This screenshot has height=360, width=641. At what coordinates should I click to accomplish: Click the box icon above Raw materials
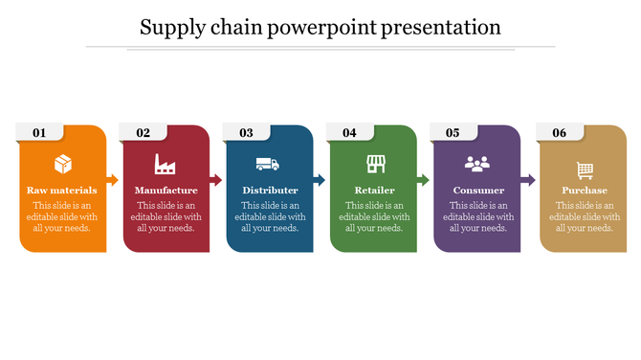click(x=62, y=164)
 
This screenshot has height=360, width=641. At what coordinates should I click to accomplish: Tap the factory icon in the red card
click(x=166, y=164)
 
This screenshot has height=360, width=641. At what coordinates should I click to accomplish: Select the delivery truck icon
click(x=269, y=164)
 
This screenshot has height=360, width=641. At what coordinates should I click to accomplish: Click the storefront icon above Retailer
click(x=374, y=164)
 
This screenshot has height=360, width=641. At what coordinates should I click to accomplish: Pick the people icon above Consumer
click(x=477, y=164)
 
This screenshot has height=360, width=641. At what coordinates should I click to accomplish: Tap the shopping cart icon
click(x=585, y=169)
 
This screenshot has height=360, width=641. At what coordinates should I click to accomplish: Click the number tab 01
click(x=39, y=133)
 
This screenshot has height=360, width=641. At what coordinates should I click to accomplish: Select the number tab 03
click(x=246, y=133)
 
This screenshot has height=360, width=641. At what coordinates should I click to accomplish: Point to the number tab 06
click(x=559, y=133)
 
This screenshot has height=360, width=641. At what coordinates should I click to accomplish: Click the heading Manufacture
click(x=166, y=190)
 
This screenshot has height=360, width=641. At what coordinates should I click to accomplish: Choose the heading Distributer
click(x=270, y=190)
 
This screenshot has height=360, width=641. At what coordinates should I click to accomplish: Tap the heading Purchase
click(x=584, y=190)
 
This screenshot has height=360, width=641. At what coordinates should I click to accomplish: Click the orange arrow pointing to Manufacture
click(x=112, y=179)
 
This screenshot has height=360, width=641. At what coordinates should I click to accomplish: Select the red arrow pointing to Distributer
click(x=216, y=179)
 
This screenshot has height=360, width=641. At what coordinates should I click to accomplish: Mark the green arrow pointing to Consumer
click(x=423, y=179)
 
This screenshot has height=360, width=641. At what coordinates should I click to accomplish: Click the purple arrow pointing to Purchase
click(x=528, y=179)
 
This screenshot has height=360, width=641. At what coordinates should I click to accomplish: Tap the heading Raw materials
click(x=62, y=190)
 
